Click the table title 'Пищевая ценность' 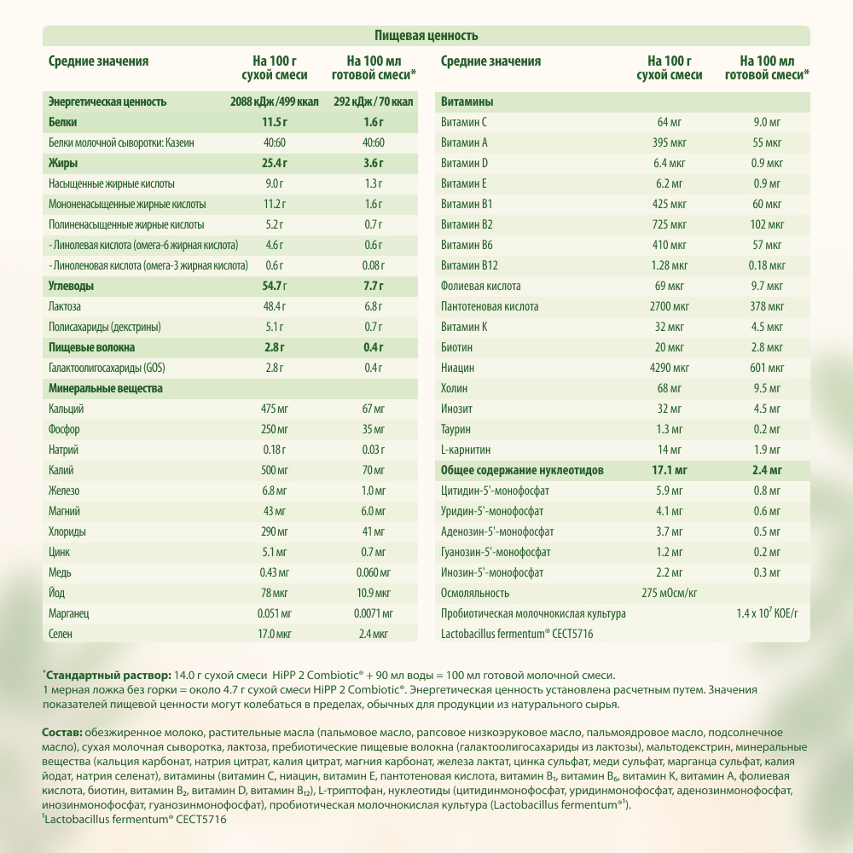[426, 36]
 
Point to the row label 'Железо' [64, 490]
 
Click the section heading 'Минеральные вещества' [106, 388]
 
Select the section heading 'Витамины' [467, 102]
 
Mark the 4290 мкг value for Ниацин [670, 368]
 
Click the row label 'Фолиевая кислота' [480, 286]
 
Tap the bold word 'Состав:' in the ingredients [62, 734]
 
